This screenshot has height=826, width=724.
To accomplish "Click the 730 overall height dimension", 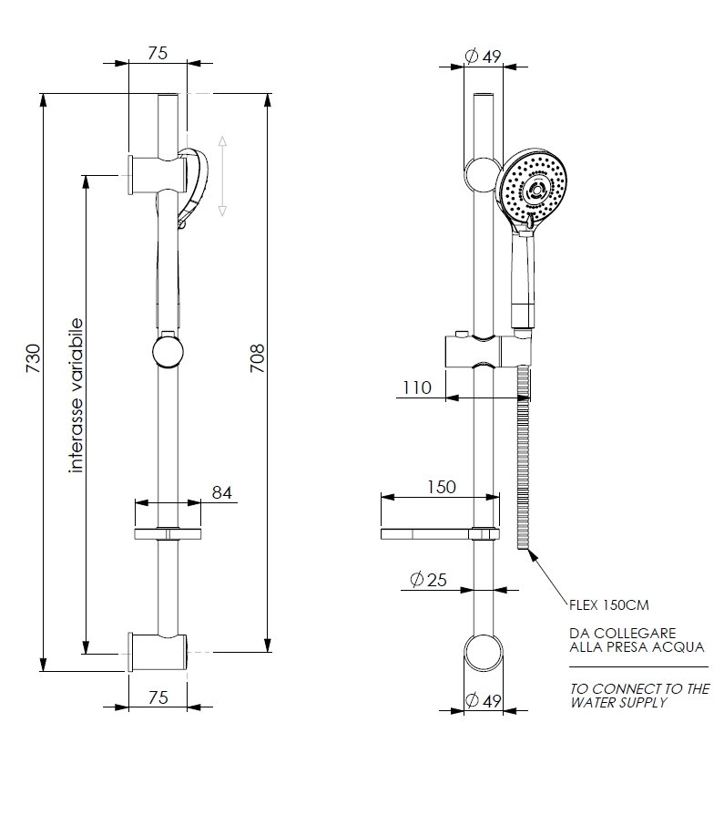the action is (x=33, y=358).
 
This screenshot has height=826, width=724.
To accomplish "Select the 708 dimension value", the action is (x=257, y=358).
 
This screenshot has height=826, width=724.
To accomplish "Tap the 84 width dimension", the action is (x=222, y=492).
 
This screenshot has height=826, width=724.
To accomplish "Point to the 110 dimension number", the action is (x=417, y=387).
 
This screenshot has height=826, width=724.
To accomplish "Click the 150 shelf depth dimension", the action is (x=441, y=487).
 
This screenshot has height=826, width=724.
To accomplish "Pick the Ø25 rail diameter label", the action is (x=428, y=580).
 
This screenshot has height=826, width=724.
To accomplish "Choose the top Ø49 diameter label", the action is (x=483, y=56).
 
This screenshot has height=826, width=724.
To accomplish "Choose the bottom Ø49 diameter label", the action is (x=483, y=700).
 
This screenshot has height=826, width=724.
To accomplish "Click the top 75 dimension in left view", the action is (x=158, y=53).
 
